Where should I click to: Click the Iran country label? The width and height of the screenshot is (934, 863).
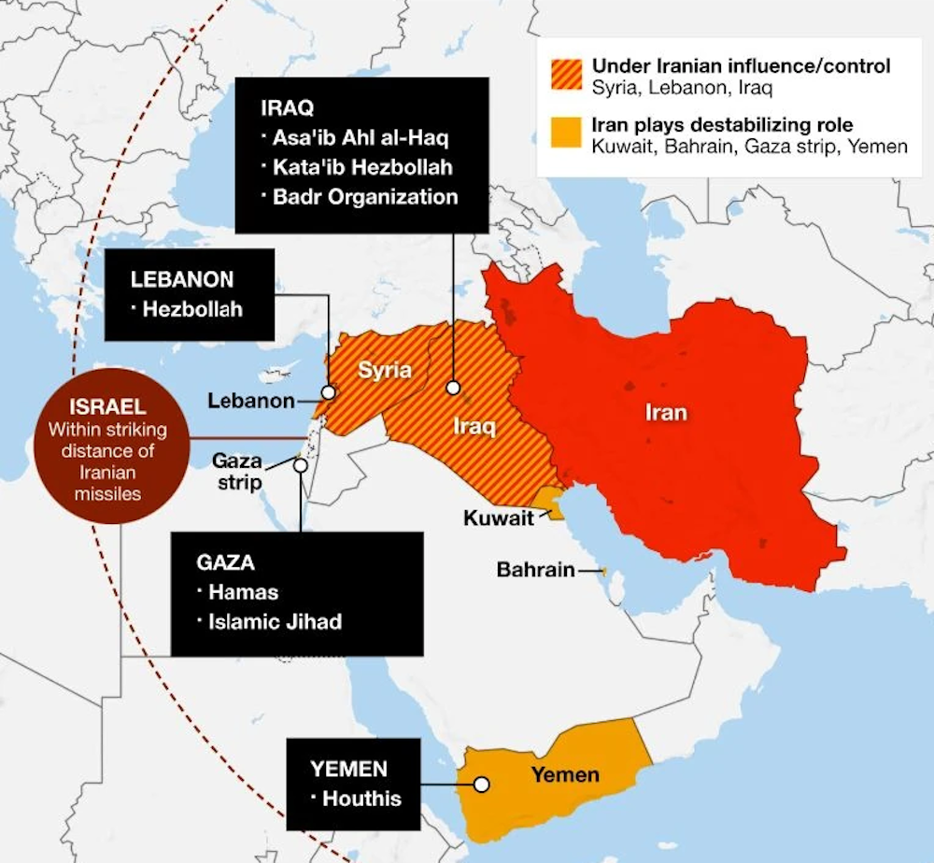666,412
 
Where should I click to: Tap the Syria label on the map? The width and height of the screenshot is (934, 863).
385,370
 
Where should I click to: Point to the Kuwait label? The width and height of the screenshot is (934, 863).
499,517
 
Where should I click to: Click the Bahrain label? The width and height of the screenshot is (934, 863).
535,570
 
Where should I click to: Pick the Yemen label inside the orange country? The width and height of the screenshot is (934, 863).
565,774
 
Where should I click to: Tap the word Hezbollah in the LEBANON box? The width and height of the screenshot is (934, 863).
192,308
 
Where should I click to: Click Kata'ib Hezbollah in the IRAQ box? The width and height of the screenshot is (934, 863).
362,168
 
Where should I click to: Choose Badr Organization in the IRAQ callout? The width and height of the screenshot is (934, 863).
365,197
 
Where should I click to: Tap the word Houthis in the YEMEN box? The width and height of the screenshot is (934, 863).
361,799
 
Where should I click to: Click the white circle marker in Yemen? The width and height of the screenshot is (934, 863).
481,785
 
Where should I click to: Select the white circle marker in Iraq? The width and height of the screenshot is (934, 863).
453,387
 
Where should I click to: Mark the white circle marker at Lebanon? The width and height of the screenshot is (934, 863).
328,392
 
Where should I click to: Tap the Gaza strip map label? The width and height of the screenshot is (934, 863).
237,471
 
